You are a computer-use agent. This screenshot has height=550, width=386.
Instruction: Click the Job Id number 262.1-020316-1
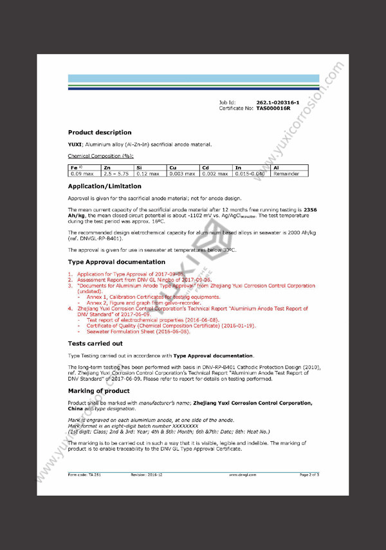pyautogui.click(x=277, y=102)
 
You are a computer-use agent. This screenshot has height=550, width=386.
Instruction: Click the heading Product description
pyautogui.click(x=99, y=133)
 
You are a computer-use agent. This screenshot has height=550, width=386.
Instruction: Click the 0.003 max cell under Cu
pyautogui.click(x=183, y=174)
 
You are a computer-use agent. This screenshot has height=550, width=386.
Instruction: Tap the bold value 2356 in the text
pyautogui.click(x=310, y=210)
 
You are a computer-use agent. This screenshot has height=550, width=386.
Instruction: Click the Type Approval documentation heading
pyautogui.click(x=116, y=262)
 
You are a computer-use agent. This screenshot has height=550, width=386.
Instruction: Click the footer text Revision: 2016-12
pyautogui.click(x=147, y=475)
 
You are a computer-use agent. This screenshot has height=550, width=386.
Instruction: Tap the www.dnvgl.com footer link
pyautogui.click(x=242, y=475)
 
